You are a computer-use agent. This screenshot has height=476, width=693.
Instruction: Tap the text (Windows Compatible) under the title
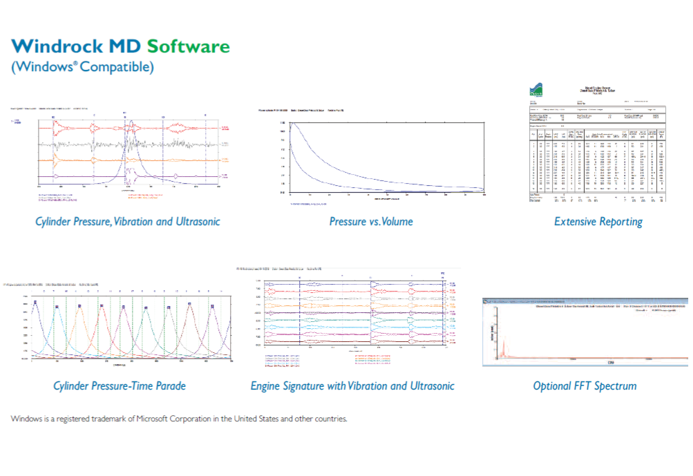82,67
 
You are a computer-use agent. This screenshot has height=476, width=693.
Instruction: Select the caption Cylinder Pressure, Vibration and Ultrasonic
128,222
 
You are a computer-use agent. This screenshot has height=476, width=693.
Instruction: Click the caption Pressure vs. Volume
371,222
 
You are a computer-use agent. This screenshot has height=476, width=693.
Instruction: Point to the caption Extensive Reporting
598,222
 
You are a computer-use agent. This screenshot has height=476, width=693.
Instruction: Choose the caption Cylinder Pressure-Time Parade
120,385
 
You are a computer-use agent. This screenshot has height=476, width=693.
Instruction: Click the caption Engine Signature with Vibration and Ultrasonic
352,385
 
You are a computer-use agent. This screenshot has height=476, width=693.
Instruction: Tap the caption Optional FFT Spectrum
585,385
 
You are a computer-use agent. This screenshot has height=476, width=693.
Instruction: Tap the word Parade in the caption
168,385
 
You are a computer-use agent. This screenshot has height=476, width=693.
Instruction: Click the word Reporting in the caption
616,222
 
